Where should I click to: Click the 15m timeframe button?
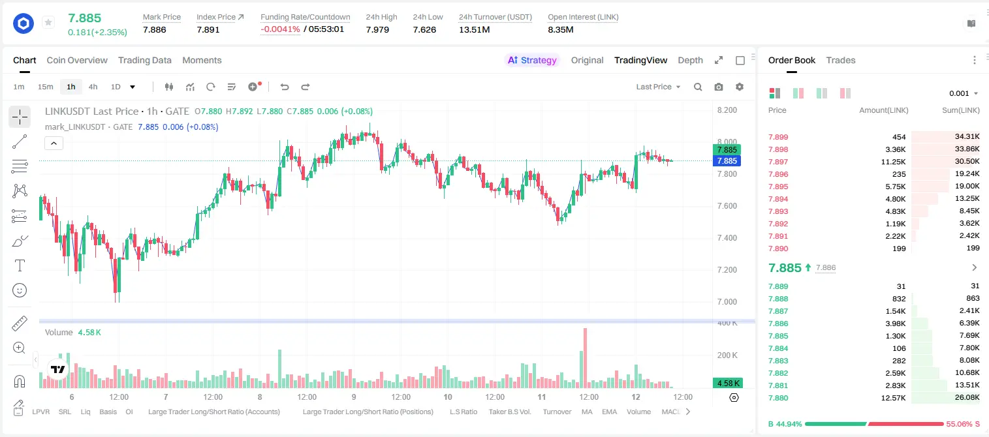(x=45, y=87)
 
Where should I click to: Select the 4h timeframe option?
(x=93, y=87)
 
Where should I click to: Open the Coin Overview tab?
(x=77, y=61)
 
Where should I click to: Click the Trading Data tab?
(x=144, y=61)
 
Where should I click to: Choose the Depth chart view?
(x=690, y=61)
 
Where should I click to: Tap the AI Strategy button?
(x=532, y=61)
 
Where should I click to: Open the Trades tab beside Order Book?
(x=841, y=61)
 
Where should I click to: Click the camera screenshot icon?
(x=719, y=87)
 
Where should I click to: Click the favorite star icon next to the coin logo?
(x=48, y=22)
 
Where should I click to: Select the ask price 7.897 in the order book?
(x=778, y=162)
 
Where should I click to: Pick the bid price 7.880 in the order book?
(x=778, y=398)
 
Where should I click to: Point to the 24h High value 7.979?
(x=377, y=29)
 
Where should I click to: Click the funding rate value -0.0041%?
(x=280, y=29)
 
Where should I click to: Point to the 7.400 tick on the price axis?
(x=727, y=238)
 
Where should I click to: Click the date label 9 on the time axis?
(x=354, y=397)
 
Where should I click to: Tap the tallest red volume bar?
(x=585, y=358)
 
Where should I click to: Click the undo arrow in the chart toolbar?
(x=285, y=87)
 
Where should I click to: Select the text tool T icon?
(x=20, y=265)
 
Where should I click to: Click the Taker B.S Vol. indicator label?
(x=509, y=412)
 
